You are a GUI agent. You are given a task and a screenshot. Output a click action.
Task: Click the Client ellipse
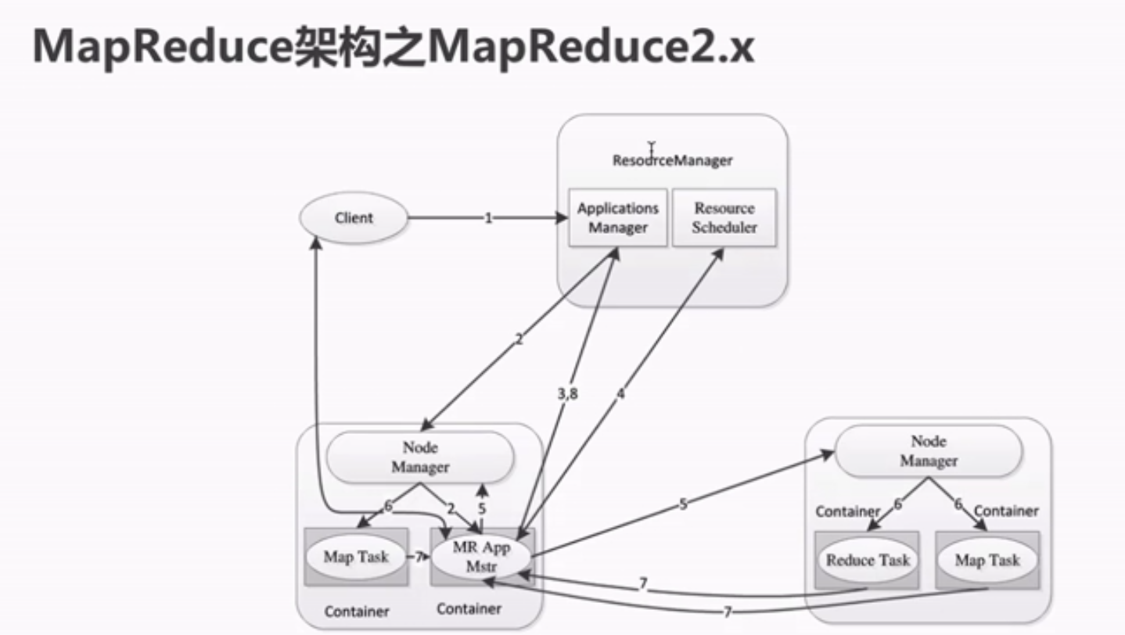click(354, 218)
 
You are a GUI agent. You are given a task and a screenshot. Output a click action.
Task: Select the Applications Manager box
click(618, 218)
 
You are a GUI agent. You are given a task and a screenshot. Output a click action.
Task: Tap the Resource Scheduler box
click(724, 218)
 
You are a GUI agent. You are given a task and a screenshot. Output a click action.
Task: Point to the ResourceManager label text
click(673, 160)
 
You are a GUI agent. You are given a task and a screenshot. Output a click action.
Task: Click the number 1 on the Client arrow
click(488, 218)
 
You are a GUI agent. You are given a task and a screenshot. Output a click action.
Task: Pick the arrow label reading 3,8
click(568, 395)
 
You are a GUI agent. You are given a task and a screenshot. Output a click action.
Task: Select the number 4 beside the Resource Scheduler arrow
click(620, 394)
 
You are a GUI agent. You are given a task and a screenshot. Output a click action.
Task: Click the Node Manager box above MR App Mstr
click(420, 457)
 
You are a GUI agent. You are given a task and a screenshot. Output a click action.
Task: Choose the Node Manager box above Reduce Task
click(929, 451)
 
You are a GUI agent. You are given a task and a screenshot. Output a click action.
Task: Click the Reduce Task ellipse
click(868, 560)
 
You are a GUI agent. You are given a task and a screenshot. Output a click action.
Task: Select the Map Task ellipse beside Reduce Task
click(987, 560)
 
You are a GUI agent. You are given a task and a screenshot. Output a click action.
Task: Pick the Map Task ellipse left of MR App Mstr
click(357, 557)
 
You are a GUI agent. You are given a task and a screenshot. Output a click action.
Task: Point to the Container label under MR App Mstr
click(469, 608)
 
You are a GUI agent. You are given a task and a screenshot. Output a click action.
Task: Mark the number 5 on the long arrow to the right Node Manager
click(683, 504)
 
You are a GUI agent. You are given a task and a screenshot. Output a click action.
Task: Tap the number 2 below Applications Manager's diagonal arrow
click(518, 340)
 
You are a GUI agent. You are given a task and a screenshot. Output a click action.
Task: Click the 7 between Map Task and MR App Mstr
click(419, 557)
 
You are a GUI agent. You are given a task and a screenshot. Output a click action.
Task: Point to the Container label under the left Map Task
click(357, 611)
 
